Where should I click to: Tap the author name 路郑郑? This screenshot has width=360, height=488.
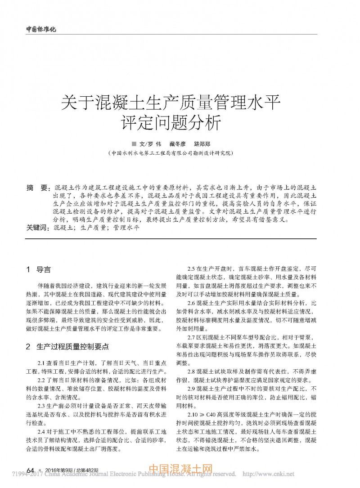(x=202, y=144)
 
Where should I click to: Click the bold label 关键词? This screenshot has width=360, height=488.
(x=37, y=228)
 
